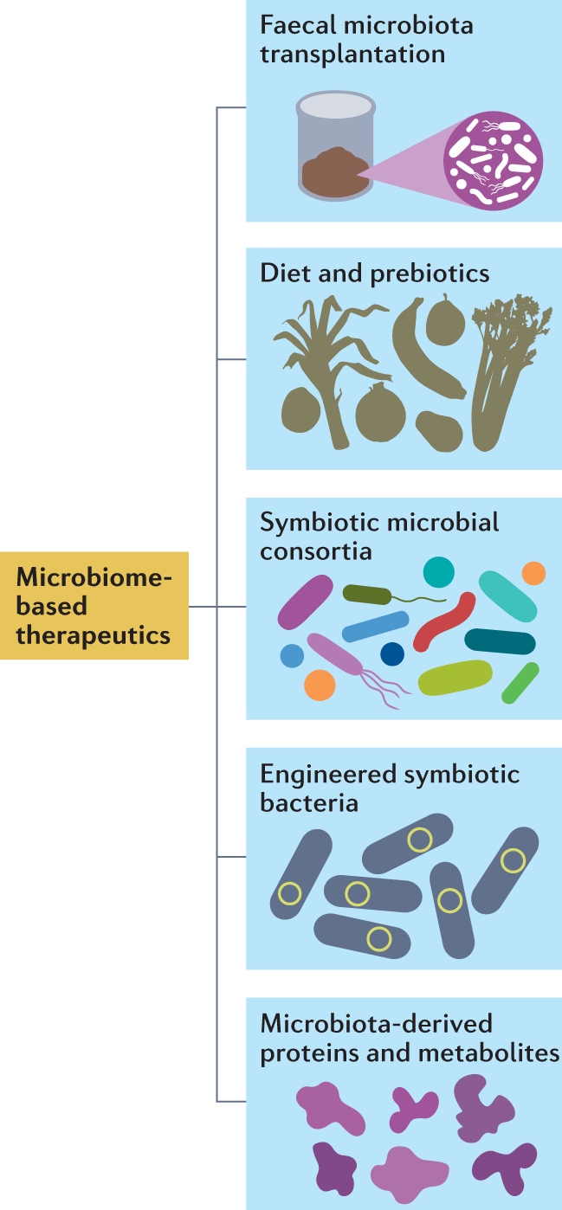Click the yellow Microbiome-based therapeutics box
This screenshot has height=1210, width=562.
coord(94,606)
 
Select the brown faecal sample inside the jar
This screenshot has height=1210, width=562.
coord(336,171)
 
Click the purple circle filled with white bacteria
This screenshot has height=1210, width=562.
coord(493,161)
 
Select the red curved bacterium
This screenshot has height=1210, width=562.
coord(444,621)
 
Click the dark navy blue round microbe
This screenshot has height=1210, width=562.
coord(392,654)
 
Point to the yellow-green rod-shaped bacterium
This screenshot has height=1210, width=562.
coord(455,678)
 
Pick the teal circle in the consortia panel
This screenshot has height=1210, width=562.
coord(438,571)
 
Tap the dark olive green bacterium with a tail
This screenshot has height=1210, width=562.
coord(368,594)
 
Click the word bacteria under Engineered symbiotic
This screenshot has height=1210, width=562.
coord(309,802)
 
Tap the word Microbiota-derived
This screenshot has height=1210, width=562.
coord(376,1024)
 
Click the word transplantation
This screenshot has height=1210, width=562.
coord(352,55)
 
